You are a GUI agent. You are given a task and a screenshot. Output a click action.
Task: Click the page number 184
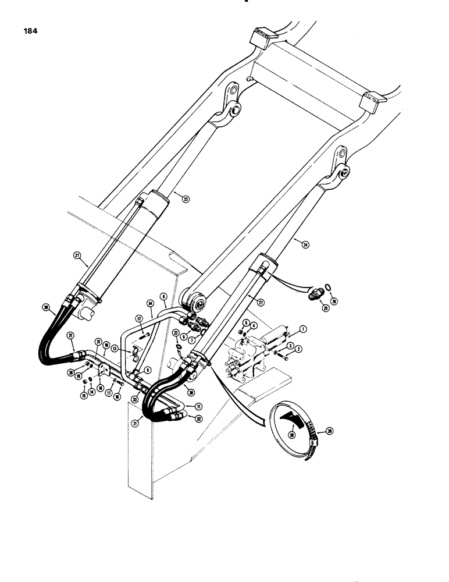pyautogui.click(x=28, y=32)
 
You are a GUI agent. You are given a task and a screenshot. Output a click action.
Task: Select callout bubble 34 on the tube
pyautogui.click(x=151, y=303)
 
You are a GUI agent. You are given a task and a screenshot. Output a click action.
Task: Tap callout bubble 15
pyautogui.click(x=84, y=397)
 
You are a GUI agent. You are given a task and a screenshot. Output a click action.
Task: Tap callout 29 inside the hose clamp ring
pyautogui.click(x=291, y=434)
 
